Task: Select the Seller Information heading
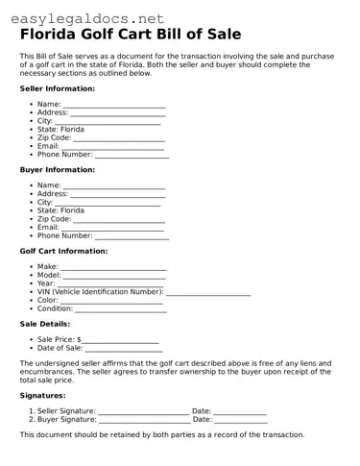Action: click(x=57, y=88)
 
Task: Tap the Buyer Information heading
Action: click(x=57, y=169)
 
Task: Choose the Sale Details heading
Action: click(x=44, y=324)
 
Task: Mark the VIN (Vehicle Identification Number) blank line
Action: click(x=208, y=293)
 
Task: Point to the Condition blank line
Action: click(x=121, y=310)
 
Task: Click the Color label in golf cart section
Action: click(x=47, y=300)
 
